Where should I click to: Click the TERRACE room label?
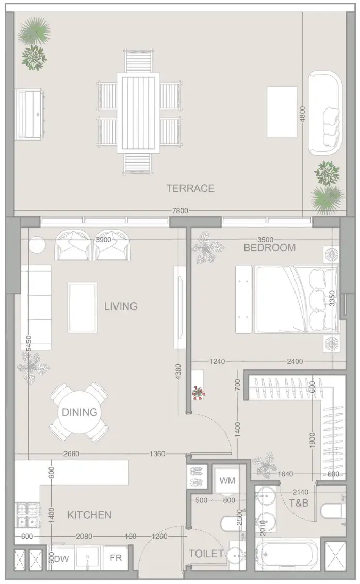click(x=190, y=188)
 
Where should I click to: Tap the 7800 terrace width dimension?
click(x=180, y=211)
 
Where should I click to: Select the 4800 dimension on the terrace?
click(x=302, y=114)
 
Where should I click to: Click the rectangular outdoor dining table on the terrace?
click(x=138, y=113)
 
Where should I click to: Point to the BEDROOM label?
click(x=270, y=247)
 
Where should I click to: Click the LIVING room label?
click(x=121, y=306)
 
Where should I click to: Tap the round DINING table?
click(x=79, y=412)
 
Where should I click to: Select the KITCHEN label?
click(x=89, y=515)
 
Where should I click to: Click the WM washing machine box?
click(x=227, y=480)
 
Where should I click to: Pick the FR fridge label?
click(x=116, y=558)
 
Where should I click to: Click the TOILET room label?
click(x=206, y=554)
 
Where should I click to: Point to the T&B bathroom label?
click(x=299, y=503)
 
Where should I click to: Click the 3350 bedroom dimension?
click(x=333, y=299)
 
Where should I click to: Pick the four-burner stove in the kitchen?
click(x=28, y=514)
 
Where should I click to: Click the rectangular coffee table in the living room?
click(x=83, y=307)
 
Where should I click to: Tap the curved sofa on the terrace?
click(x=325, y=113)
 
